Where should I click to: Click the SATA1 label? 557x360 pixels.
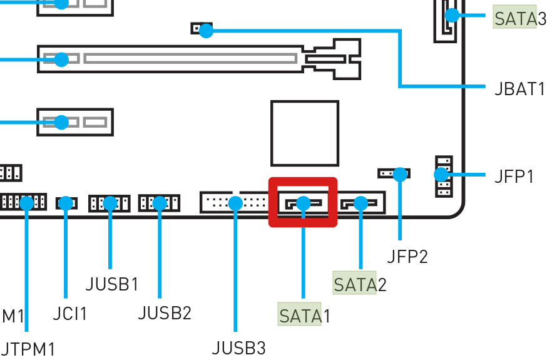(x=304, y=315)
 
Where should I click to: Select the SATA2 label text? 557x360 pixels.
(x=360, y=284)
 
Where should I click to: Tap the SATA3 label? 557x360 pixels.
(x=519, y=18)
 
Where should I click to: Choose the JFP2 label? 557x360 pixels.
(x=407, y=256)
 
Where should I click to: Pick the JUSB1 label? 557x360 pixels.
(x=112, y=284)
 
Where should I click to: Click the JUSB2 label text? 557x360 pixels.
(x=164, y=312)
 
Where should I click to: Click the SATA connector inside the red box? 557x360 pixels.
(x=303, y=203)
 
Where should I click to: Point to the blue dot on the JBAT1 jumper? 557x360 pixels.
(x=205, y=30)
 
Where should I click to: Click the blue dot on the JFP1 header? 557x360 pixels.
(x=441, y=174)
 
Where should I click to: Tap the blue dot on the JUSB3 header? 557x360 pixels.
(x=235, y=203)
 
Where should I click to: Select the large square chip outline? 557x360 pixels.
(x=305, y=133)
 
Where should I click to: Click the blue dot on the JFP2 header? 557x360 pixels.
(x=400, y=174)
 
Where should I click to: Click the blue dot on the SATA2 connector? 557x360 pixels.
(x=360, y=203)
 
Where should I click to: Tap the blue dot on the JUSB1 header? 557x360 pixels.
(x=110, y=203)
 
